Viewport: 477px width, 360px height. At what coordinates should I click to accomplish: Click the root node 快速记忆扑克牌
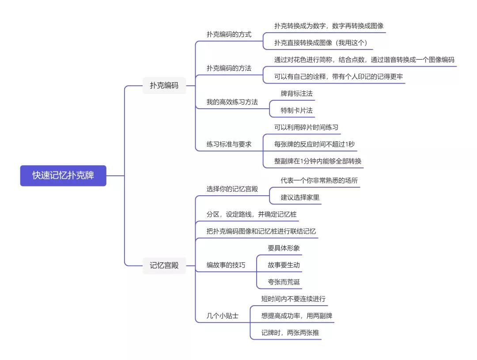click(63, 175)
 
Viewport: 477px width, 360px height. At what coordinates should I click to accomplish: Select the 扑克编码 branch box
click(164, 86)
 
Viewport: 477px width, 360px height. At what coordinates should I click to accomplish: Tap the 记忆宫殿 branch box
click(164, 265)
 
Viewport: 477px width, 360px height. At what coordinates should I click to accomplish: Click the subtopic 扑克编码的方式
click(229, 34)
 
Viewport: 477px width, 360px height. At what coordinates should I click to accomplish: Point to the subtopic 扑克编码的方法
click(229, 68)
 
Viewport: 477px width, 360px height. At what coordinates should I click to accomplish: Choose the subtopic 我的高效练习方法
click(232, 102)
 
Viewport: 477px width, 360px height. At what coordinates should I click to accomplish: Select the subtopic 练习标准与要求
click(229, 144)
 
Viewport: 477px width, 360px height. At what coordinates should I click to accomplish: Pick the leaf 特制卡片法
click(297, 110)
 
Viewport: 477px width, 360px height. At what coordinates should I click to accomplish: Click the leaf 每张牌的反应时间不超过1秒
click(314, 144)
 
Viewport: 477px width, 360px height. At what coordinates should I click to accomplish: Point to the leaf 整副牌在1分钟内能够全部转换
click(318, 161)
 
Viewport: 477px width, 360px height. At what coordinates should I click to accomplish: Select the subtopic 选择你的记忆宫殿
click(232, 189)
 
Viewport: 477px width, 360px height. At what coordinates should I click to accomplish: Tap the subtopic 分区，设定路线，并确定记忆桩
click(251, 214)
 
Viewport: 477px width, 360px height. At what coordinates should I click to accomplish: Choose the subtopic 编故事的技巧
click(226, 265)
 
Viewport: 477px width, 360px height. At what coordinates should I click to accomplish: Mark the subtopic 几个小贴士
click(223, 316)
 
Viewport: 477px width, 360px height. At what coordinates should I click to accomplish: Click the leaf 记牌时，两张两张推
click(290, 333)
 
